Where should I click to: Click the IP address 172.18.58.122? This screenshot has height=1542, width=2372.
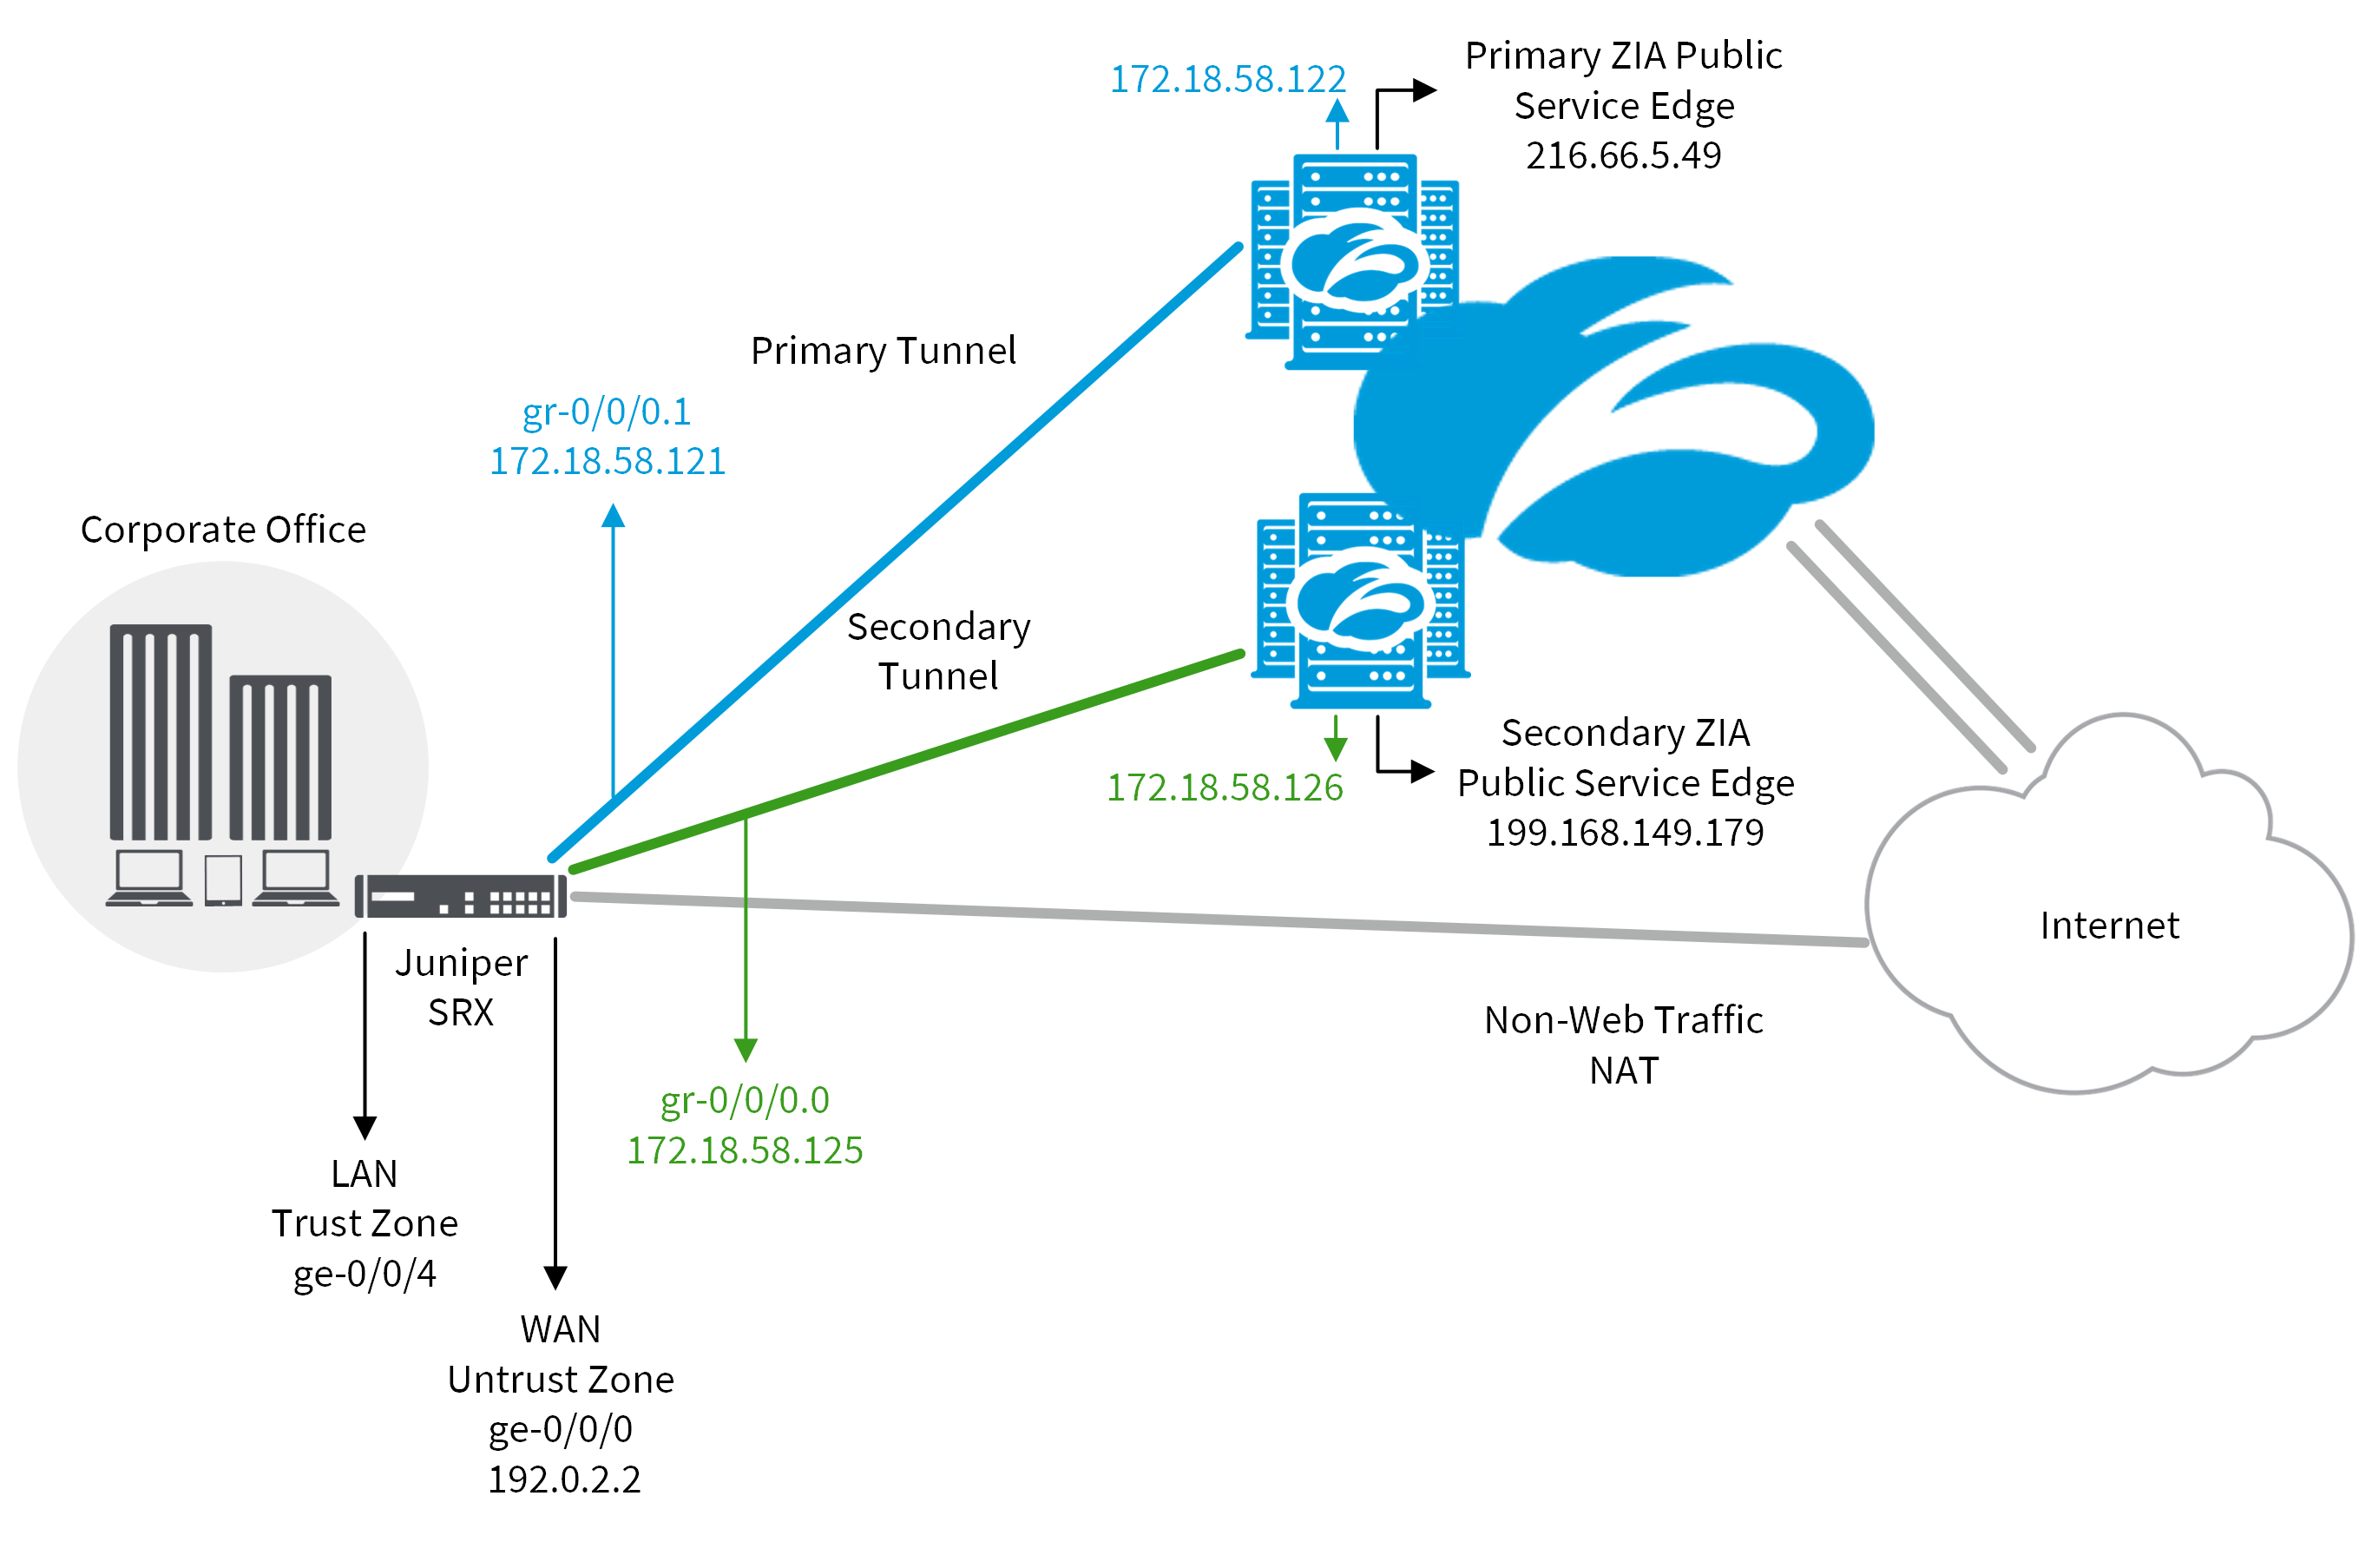[x=1228, y=80]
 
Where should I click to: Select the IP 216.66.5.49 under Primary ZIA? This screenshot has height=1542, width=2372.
[x=1624, y=155]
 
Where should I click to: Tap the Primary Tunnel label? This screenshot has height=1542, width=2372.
[x=883, y=351]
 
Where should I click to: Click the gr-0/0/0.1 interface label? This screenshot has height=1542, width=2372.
[x=606, y=412]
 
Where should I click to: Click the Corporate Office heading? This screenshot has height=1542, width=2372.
[x=223, y=530]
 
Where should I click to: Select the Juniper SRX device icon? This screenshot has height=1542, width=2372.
[x=461, y=895]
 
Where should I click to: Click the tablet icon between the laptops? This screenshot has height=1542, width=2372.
[x=223, y=880]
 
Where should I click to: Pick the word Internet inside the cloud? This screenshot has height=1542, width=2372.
[x=2109, y=925]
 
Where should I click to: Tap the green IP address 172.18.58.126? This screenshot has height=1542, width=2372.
[x=1225, y=787]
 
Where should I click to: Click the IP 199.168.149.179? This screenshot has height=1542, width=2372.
[x=1625, y=833]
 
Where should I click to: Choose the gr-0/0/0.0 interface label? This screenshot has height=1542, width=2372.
[x=745, y=1100]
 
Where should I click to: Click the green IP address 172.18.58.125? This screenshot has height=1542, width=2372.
[x=745, y=1150]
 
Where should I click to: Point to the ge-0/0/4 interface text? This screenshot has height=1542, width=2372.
[x=365, y=1274]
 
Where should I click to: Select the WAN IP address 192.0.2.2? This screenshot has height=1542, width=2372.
[x=564, y=1479]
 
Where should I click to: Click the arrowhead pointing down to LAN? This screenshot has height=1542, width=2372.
[x=365, y=1127]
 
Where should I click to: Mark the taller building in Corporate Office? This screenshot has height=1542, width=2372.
[x=161, y=733]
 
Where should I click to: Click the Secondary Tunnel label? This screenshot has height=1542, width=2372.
[x=938, y=651]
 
